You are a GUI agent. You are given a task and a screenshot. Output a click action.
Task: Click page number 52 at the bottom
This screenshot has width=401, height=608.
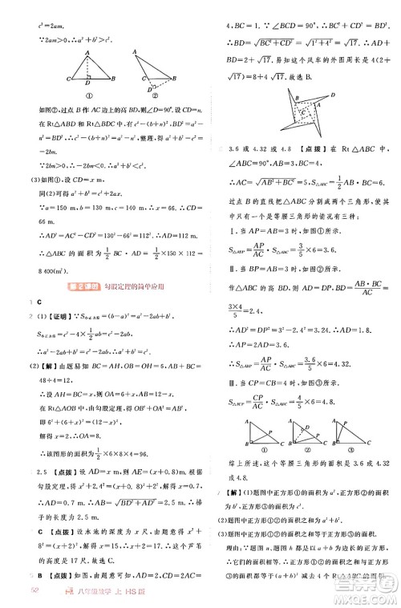click(x=12, y=592)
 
